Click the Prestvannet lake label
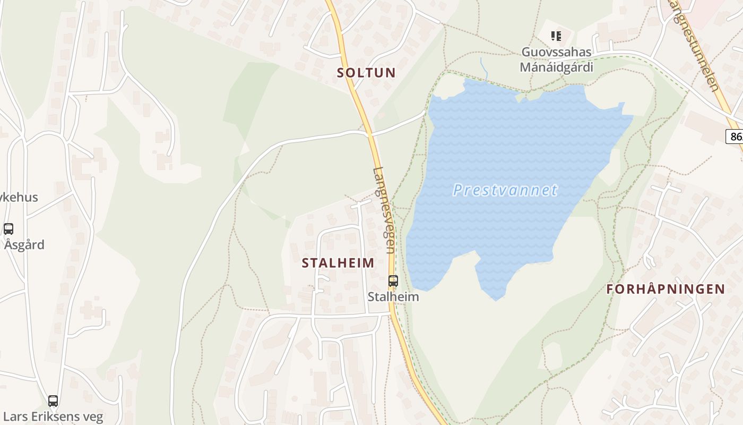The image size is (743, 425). [505, 190]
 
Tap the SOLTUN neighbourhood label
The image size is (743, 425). [366, 73]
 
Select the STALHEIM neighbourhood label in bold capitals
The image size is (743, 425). [338, 262]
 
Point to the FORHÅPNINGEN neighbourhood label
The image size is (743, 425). [666, 289]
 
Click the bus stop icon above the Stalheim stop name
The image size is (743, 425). [393, 281]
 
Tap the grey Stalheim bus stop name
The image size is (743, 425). [393, 297]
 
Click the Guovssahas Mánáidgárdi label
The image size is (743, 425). [556, 59]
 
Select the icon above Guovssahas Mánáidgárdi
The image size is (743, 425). [556, 36]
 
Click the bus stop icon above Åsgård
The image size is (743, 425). [8, 229]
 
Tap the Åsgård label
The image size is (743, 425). [24, 245]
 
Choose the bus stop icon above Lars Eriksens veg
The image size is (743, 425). [53, 401]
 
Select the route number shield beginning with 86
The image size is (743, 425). [736, 137]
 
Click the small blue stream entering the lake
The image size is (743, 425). [483, 67]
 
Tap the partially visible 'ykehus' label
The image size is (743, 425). [19, 197]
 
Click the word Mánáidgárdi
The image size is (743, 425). [556, 67]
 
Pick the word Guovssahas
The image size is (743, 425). [556, 52]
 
